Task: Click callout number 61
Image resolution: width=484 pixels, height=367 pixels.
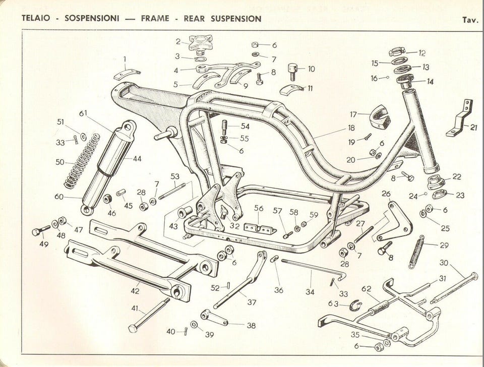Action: coord(83,113)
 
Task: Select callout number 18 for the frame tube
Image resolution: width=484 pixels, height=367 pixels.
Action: coord(351,128)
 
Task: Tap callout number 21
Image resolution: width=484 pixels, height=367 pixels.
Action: coord(473,127)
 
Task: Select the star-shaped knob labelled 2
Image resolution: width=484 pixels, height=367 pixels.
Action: coord(199,42)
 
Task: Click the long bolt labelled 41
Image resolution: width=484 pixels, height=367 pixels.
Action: coord(149,315)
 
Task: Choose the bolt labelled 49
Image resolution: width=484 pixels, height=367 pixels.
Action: coord(40,231)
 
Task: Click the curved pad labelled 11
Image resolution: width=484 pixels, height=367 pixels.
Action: coord(291,91)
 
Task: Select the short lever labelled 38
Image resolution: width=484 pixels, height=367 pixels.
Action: coord(214,318)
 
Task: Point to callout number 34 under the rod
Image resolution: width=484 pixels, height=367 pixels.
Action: coord(310,291)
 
